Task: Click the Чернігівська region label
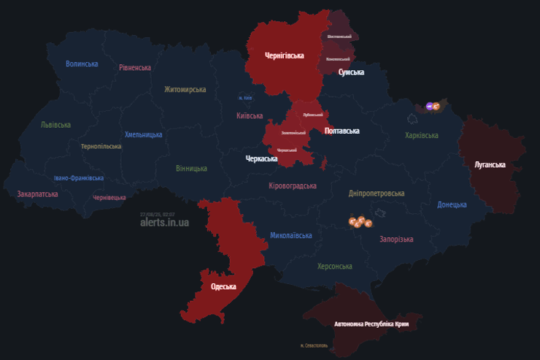click(x=284, y=55)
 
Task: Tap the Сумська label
click(x=351, y=72)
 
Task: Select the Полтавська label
click(x=342, y=131)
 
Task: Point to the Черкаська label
click(x=262, y=158)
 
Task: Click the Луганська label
click(x=490, y=165)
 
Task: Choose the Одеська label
click(x=223, y=287)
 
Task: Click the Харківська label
click(x=422, y=136)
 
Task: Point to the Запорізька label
click(x=396, y=240)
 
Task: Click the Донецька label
click(x=452, y=204)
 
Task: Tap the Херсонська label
click(x=335, y=267)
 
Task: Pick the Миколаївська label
click(x=291, y=236)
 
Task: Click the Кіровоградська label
click(x=293, y=186)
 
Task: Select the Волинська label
click(x=82, y=64)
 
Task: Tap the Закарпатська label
click(x=37, y=195)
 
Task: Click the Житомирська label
click(x=185, y=90)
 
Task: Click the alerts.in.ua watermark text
click(x=165, y=223)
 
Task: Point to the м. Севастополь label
click(x=314, y=345)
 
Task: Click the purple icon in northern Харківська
click(x=430, y=107)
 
